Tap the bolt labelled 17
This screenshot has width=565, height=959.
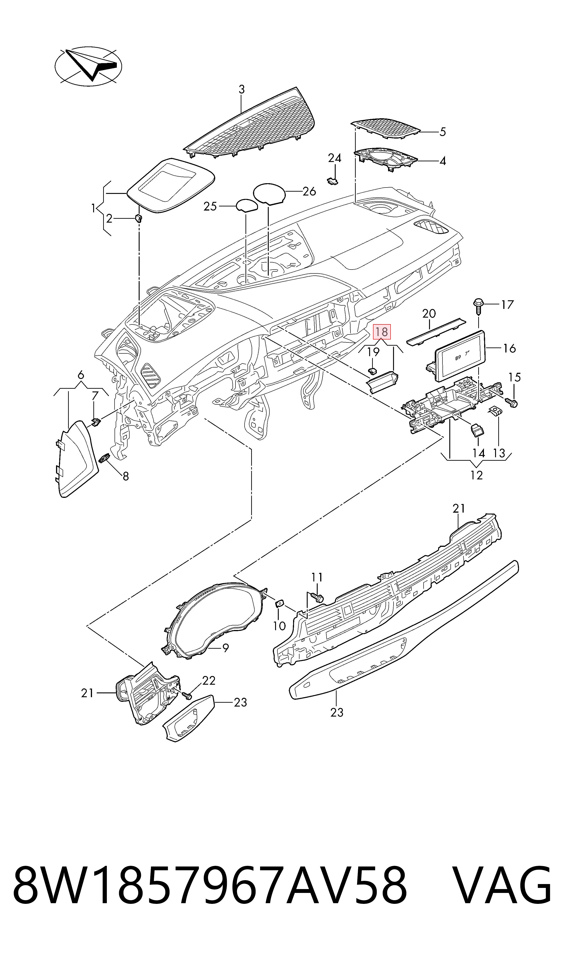coord(478,307)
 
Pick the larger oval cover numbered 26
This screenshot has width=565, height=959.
coord(269,193)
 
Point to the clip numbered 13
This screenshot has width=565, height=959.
coord(495,411)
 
